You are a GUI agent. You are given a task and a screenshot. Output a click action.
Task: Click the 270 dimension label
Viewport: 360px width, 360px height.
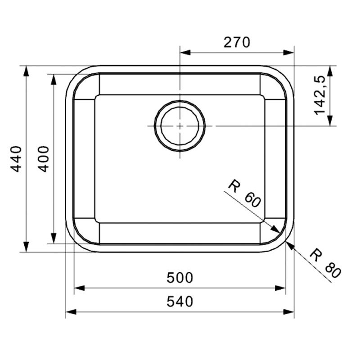237,42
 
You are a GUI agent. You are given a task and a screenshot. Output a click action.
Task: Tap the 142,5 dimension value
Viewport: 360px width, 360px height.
319,95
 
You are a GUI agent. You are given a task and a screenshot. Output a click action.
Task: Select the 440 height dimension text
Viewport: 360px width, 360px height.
16,159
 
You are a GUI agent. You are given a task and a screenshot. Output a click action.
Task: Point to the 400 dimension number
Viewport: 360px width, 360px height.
44,159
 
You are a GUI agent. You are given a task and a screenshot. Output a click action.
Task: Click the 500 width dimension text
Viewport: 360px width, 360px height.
180,277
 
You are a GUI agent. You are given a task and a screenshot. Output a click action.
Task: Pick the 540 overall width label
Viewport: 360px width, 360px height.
180,301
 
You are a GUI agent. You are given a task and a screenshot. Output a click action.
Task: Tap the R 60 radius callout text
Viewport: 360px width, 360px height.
245,194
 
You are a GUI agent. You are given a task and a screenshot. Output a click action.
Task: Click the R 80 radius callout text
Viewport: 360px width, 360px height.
325,263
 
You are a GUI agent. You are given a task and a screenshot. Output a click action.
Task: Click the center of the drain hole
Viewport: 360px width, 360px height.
180,126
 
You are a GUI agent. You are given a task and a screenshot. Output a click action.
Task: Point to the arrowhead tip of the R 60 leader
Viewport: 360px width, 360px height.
279,233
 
